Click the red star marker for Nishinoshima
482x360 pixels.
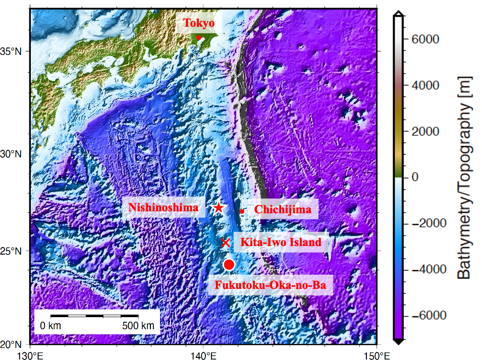[219, 208]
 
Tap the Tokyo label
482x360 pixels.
[199, 23]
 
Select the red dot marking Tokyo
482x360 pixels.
[199, 37]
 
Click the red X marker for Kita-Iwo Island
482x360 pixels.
[226, 243]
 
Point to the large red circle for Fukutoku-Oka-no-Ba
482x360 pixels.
[229, 265]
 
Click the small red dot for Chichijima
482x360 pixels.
[242, 211]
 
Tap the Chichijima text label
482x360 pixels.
[283, 209]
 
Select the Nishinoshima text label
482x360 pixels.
[163, 208]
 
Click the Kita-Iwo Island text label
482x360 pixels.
[281, 243]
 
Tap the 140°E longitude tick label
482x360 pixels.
[203, 355]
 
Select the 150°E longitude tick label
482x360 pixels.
[377, 355]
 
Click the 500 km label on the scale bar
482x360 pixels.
[138, 326]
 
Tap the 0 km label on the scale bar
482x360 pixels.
[50, 326]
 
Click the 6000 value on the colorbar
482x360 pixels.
[424, 39]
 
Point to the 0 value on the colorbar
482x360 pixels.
[415, 177]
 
